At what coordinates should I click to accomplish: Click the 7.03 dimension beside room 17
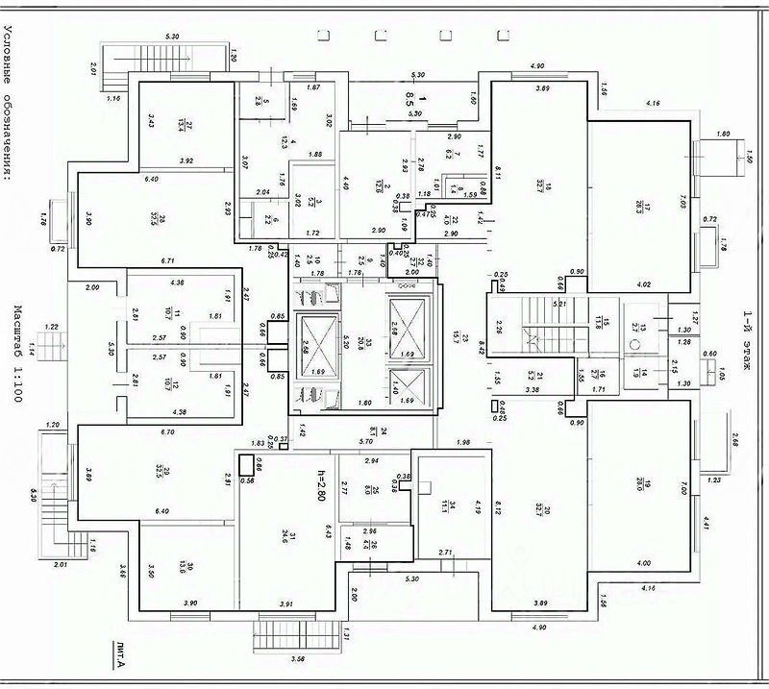[684, 203]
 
